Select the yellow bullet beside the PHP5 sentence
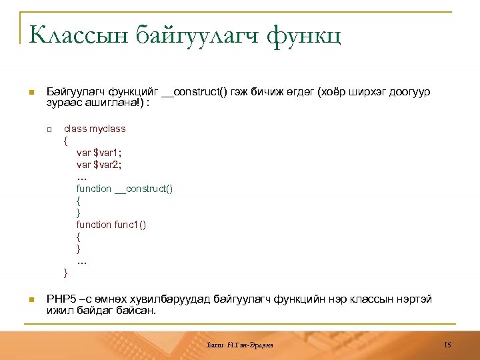[x=31, y=299]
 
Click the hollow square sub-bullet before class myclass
[x=49, y=129]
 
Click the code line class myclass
[x=94, y=129]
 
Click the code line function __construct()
[x=125, y=189]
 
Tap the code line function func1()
[x=111, y=225]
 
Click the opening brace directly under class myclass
[x=65, y=141]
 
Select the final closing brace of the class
[x=65, y=273]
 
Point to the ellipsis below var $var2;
[x=81, y=177]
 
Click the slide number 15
[x=447, y=344]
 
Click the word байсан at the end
[x=135, y=309]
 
